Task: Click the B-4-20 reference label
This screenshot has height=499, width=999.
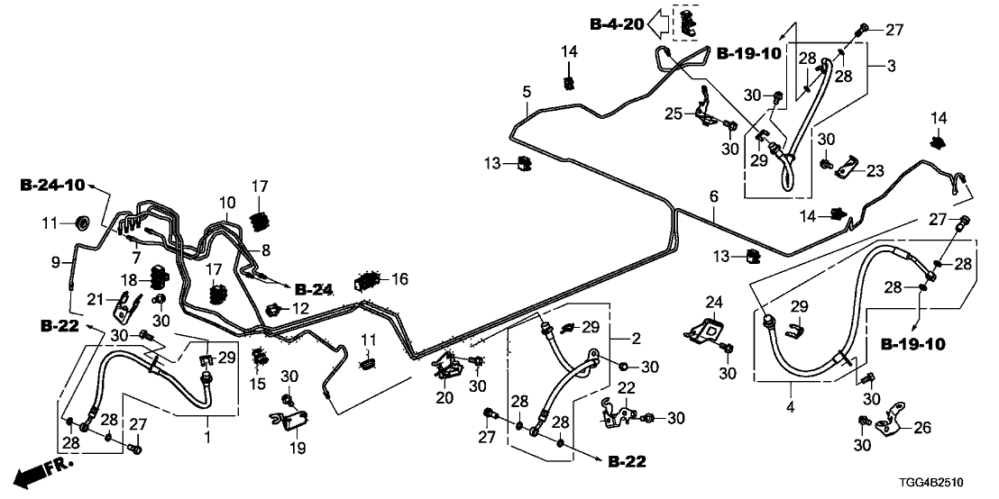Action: (x=617, y=24)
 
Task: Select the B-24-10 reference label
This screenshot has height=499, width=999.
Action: (x=52, y=186)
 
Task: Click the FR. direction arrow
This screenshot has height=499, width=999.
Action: (x=40, y=471)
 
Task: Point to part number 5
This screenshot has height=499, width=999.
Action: (x=527, y=91)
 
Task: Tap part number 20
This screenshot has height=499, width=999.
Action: (x=444, y=398)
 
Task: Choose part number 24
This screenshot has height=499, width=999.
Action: (x=714, y=301)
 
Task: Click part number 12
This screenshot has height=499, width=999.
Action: (x=300, y=309)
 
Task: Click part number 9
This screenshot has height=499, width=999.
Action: (x=55, y=262)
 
